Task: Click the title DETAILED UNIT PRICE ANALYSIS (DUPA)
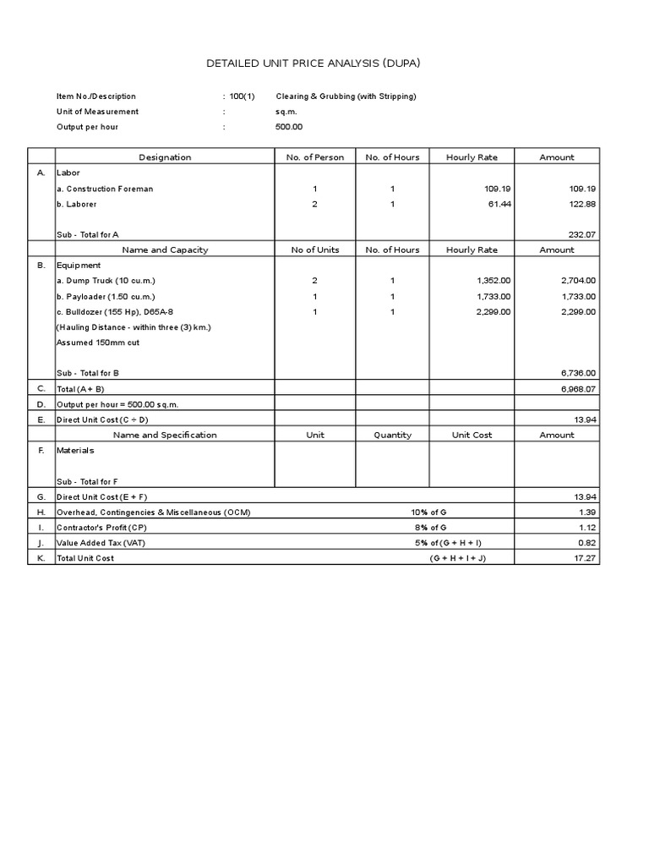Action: tap(324, 63)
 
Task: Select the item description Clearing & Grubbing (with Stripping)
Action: tap(346, 96)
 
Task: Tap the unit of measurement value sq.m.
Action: tap(286, 112)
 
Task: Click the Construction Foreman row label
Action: tap(105, 189)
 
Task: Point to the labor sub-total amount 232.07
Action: tap(579, 234)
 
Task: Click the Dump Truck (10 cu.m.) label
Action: tap(106, 280)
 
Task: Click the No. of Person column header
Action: tap(315, 157)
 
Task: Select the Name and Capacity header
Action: tap(165, 249)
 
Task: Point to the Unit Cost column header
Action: tap(472, 435)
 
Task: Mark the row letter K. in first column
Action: tap(41, 558)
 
